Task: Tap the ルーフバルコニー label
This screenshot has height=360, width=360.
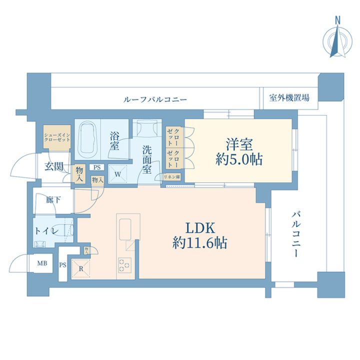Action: point(155,99)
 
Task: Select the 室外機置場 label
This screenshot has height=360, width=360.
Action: point(288,97)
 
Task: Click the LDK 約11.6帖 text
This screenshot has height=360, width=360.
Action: point(200,236)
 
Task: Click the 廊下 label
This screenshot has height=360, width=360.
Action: point(53,200)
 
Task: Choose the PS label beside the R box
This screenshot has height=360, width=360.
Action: point(63,265)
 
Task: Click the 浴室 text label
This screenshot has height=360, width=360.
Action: point(113,140)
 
